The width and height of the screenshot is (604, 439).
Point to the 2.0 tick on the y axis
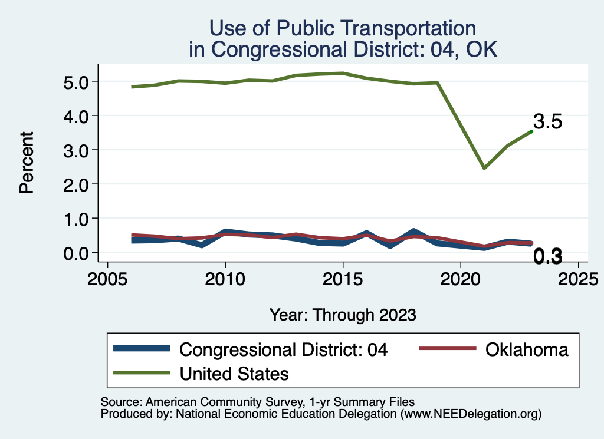[x=75, y=184]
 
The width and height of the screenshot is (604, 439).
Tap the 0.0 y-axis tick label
[x=75, y=253]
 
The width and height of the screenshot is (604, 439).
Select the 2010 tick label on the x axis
[x=225, y=278]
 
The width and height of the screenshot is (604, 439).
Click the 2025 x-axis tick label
[x=578, y=278]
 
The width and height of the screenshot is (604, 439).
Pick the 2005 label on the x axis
[x=107, y=278]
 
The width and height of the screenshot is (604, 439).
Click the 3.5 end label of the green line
[x=547, y=122]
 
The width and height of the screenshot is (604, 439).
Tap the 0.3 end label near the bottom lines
[x=547, y=256]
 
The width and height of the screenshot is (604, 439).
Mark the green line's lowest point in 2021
[x=484, y=168]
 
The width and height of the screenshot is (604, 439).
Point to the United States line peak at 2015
[x=343, y=73]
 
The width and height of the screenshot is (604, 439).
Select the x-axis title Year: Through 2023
[x=343, y=315]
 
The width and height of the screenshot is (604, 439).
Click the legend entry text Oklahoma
[x=527, y=349]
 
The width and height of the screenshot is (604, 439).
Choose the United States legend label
[x=234, y=373]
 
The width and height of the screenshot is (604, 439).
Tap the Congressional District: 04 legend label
[x=284, y=349]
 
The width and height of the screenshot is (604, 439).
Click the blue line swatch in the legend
[x=142, y=349]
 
